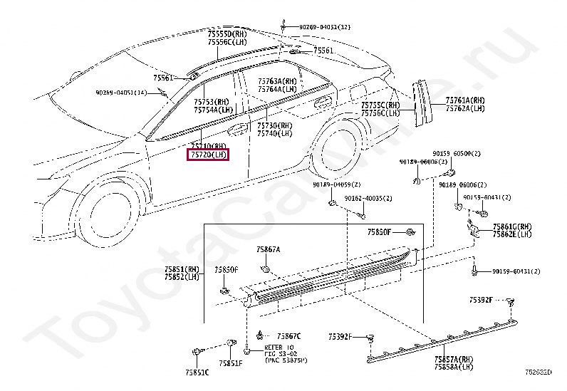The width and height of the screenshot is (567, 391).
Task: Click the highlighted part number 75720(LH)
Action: point(208,154)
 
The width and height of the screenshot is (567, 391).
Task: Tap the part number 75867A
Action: point(269,250)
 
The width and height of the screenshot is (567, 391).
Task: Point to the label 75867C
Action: point(289,335)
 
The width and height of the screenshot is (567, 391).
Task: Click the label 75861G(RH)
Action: point(512,226)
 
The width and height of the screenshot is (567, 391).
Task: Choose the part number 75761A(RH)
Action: point(465,100)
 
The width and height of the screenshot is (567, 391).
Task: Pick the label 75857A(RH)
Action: point(454,360)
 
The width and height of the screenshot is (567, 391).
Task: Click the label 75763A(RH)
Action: point(277,82)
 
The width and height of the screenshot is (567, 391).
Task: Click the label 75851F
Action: point(230,363)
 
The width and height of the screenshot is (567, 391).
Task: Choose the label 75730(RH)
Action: point(275,125)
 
